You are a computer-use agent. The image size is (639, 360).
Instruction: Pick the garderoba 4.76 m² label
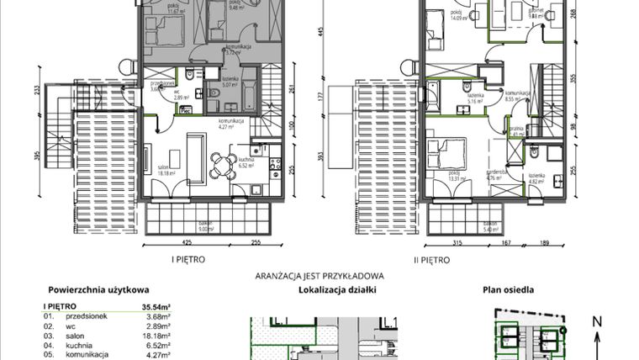[495, 175]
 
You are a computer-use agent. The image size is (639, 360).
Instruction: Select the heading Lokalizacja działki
[337, 290]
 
